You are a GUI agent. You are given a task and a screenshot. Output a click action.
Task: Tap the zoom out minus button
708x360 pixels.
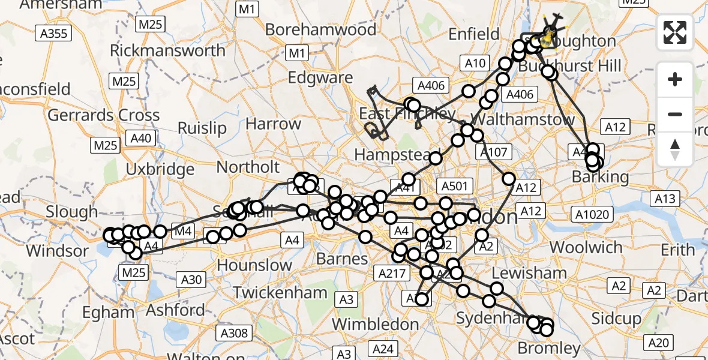(675, 114)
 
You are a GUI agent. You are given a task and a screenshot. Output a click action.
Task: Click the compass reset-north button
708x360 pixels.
(675, 149)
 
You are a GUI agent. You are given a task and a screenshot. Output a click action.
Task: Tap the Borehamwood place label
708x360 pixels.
(320, 29)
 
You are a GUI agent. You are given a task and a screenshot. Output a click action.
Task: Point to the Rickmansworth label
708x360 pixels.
(167, 50)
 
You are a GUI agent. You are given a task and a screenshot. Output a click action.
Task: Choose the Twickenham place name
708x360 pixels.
(280, 293)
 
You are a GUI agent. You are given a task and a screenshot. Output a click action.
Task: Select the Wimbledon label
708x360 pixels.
(376, 324)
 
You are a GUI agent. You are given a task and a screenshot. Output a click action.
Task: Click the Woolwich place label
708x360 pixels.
(586, 247)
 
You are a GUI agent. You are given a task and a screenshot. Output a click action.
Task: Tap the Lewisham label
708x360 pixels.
(529, 274)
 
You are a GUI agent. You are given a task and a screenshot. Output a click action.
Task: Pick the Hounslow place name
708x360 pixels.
(254, 265)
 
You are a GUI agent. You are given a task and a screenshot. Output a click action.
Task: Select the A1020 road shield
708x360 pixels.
(592, 214)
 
